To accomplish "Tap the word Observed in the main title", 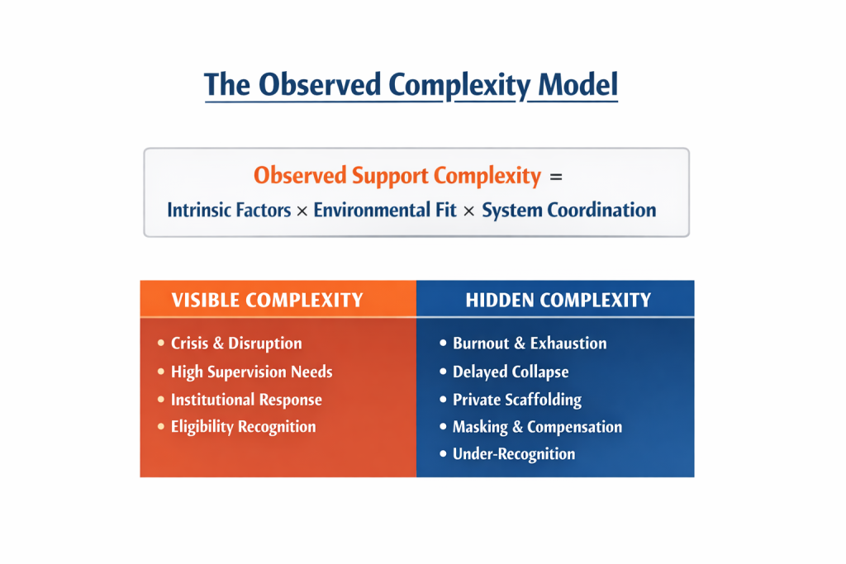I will [321, 85].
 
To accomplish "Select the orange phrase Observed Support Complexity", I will [397, 175].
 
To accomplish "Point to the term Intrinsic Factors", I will [229, 210].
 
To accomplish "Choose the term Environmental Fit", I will [384, 210].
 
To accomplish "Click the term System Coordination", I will [568, 210].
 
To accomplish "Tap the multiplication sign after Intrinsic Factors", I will [302, 211].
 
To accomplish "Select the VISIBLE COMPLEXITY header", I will [267, 300].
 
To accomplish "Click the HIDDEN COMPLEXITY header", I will [558, 300].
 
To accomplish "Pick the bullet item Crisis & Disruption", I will [236, 344].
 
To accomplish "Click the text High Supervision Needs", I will [251, 372].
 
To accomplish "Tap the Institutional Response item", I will [246, 400].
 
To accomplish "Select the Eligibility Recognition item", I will [243, 427].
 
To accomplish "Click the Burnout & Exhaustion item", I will [530, 344].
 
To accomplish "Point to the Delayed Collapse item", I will [511, 372].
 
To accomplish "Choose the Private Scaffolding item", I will [517, 400].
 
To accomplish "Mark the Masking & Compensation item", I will [537, 427].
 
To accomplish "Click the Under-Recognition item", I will [514, 454].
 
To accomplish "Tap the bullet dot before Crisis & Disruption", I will [160, 344].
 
